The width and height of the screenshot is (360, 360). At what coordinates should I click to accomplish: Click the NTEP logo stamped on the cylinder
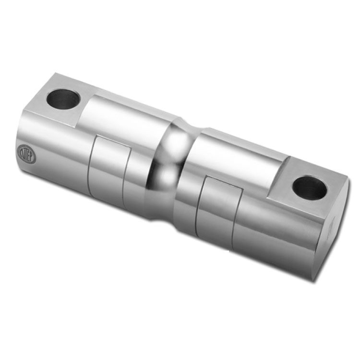click(x=26, y=154)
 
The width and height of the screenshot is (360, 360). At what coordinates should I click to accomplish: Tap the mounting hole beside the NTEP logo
click(x=63, y=98)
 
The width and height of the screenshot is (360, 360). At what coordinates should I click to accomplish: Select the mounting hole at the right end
click(x=310, y=188)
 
